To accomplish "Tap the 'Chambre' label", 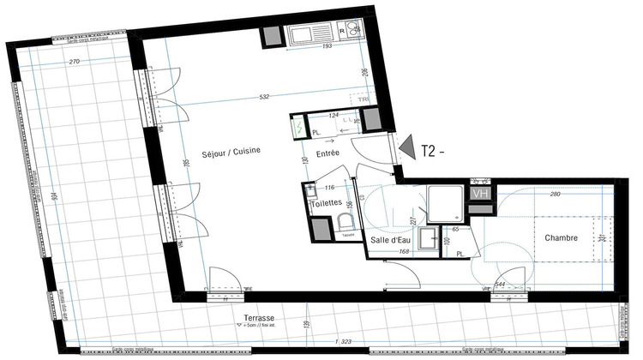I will [560, 237].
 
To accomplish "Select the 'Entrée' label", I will [328, 153].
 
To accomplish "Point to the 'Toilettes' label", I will [327, 202].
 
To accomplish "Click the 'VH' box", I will [480, 194].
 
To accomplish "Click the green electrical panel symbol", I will [298, 127].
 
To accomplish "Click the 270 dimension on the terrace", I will [75, 62].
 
